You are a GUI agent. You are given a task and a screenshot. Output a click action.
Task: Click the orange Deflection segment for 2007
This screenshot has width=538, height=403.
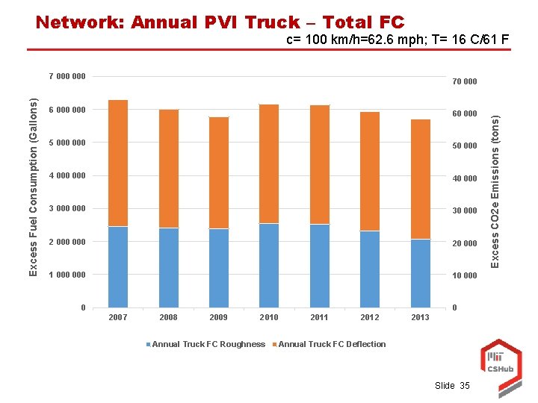[x=118, y=163]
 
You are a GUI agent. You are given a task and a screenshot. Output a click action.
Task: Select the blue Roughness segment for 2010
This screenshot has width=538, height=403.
[x=269, y=265]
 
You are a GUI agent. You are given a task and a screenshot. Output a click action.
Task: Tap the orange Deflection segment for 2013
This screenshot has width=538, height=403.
[x=421, y=179]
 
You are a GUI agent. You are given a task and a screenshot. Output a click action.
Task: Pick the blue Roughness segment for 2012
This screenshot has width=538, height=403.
[x=370, y=269]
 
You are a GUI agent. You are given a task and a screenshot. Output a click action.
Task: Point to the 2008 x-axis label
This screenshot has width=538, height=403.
[x=168, y=318]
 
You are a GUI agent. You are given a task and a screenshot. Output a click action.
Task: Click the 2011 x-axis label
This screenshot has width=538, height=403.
[x=320, y=318]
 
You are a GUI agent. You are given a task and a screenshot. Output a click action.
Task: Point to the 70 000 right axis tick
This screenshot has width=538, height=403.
[x=464, y=81]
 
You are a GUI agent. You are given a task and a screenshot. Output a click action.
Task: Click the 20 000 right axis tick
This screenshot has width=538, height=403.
[x=464, y=243]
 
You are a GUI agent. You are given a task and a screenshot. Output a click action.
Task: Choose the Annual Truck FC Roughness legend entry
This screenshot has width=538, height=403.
[x=208, y=344]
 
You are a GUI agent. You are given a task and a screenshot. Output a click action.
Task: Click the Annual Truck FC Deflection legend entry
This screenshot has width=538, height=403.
[x=331, y=344]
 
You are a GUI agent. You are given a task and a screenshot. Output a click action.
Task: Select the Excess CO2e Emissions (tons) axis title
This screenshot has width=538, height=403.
[x=494, y=187]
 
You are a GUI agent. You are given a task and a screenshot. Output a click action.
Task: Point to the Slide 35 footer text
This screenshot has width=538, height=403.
[x=452, y=386]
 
